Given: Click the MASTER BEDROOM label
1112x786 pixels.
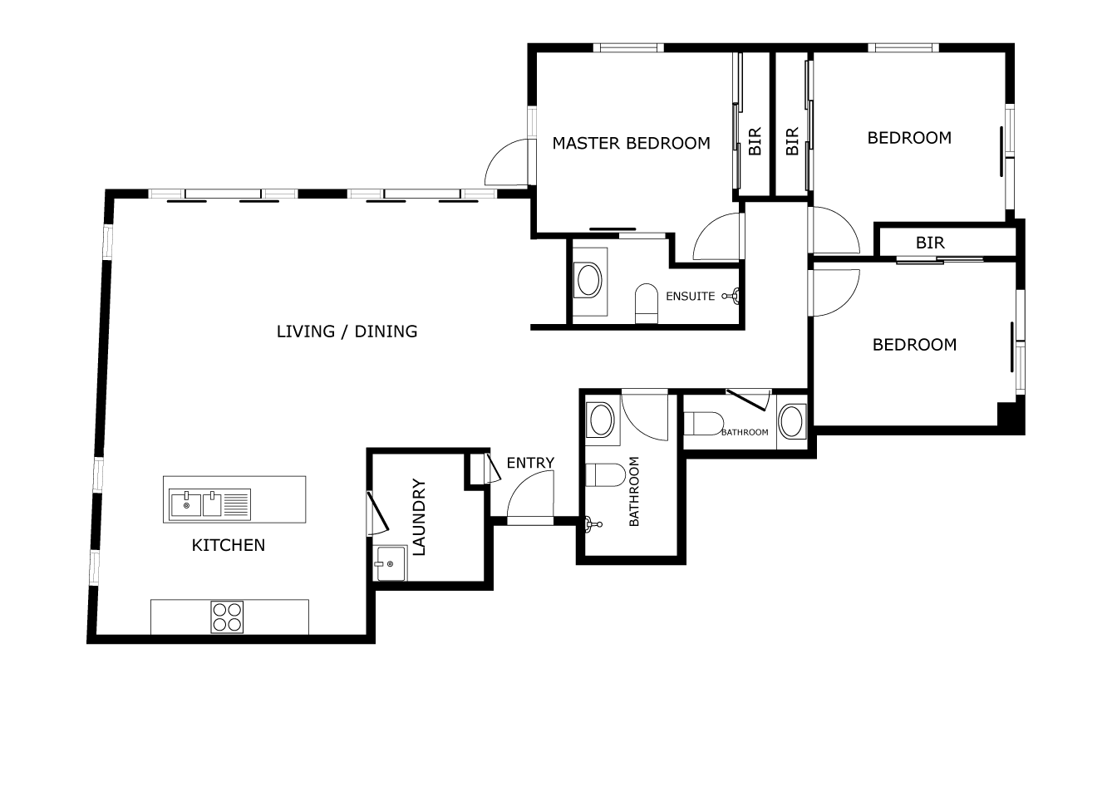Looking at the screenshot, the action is tap(631, 144).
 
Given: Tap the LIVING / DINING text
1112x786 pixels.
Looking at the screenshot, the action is tap(347, 332).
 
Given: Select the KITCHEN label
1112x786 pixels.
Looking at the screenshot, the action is tap(229, 545).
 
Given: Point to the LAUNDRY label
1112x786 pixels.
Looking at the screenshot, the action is tap(419, 517).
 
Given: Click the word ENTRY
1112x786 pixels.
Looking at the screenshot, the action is tap(530, 463).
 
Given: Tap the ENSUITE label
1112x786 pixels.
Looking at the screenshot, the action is tap(690, 297).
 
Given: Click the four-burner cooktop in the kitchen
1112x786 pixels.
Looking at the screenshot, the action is tap(227, 617).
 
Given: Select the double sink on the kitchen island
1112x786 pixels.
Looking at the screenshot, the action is tap(209, 504).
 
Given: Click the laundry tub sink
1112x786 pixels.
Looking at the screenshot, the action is tap(391, 563).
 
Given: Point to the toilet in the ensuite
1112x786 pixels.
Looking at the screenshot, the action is tap(647, 302).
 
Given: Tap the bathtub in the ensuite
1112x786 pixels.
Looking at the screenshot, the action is tap(589, 281).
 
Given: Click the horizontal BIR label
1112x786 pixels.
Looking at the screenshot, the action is tap(930, 243).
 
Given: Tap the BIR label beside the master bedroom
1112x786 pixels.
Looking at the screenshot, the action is tap(755, 141).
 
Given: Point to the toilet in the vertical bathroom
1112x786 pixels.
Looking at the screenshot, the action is tap(605, 475).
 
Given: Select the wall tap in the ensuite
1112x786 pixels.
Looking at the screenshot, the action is tap(731, 297).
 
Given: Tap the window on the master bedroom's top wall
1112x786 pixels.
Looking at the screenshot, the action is tap(628, 47).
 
